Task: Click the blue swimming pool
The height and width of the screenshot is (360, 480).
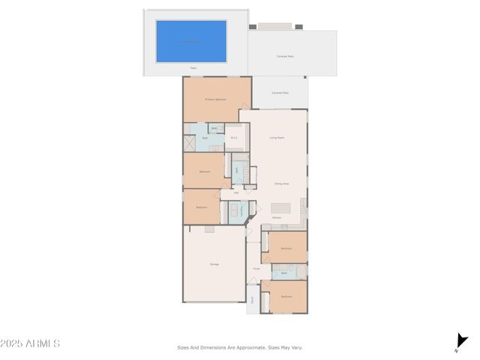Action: [191, 41]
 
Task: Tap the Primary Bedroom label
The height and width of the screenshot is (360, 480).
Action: [216, 99]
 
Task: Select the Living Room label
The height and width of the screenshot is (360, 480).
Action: [277, 138]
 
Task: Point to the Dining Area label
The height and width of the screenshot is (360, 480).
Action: [281, 183]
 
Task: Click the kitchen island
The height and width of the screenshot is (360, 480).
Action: [280, 208]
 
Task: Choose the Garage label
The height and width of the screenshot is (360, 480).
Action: [214, 264]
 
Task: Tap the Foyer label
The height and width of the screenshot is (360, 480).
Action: [256, 268]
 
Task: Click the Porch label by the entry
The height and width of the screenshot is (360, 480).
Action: [253, 299]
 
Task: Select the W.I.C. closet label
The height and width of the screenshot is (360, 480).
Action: [234, 137]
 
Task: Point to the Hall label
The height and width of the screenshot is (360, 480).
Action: [236, 193]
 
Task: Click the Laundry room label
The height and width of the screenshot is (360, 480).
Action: [241, 210]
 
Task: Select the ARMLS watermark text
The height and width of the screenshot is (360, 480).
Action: [30, 343]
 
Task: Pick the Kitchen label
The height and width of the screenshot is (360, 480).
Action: [277, 218]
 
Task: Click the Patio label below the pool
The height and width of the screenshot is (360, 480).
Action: [193, 68]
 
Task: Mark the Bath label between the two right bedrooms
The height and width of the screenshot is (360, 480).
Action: [284, 273]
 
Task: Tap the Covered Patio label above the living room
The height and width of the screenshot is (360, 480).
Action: [280, 93]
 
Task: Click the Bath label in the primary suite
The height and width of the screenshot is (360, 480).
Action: [205, 138]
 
